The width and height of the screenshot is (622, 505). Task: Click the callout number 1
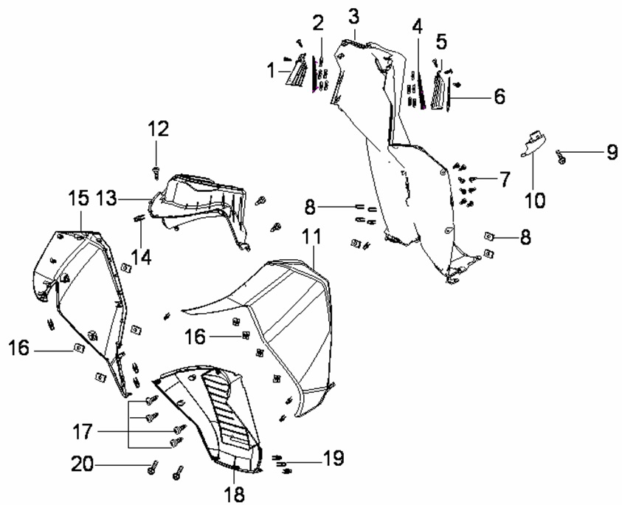click(x=271, y=71)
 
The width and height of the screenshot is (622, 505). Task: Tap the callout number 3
click(x=354, y=15)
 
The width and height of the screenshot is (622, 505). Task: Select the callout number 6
click(x=500, y=97)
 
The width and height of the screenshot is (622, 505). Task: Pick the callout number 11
click(x=312, y=238)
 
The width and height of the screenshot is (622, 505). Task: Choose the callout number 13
click(x=106, y=197)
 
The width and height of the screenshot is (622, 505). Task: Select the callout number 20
click(x=81, y=464)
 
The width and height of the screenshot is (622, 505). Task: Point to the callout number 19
click(x=333, y=459)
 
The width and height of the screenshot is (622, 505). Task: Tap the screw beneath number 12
click(x=156, y=171)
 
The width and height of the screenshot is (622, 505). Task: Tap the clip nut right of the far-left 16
click(x=77, y=347)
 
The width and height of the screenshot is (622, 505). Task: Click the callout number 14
click(x=142, y=257)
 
